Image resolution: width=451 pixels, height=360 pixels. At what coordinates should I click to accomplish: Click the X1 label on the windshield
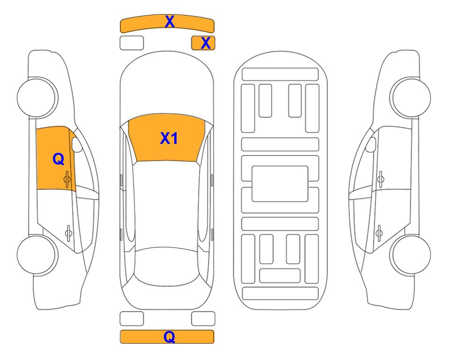[x=169, y=138]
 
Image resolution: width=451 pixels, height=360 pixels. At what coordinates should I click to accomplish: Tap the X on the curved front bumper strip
[x=170, y=22]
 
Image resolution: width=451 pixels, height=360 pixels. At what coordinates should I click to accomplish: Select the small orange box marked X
[x=203, y=43]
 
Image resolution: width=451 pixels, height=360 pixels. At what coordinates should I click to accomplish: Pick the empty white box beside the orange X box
[x=132, y=43]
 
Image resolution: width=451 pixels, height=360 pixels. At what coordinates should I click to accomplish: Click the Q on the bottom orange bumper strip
[x=170, y=337]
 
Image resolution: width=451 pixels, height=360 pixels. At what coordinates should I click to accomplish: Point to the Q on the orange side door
[x=59, y=159]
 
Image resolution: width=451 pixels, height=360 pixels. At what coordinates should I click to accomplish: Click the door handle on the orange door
[x=67, y=179]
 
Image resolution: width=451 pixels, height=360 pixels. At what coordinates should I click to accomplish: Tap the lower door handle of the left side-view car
[x=69, y=232]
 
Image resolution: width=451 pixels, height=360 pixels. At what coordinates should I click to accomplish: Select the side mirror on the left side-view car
[x=77, y=144]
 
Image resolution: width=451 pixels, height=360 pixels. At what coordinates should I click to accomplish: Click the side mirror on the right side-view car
[x=371, y=144]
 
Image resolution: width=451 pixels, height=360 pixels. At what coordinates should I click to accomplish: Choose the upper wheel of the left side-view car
[x=37, y=97]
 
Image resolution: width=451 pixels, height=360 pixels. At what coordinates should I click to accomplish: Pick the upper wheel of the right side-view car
[x=410, y=97]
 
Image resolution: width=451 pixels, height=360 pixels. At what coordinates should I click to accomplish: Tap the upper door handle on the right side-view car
[x=381, y=179]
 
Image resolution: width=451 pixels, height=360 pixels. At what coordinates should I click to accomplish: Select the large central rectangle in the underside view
[x=280, y=184]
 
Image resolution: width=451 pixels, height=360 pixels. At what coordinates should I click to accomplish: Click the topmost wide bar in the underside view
[x=280, y=75]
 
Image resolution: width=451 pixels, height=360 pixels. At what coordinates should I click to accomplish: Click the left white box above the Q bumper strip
[x=132, y=319]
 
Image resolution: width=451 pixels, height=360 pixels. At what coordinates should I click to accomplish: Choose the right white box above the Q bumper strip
[x=203, y=319]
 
